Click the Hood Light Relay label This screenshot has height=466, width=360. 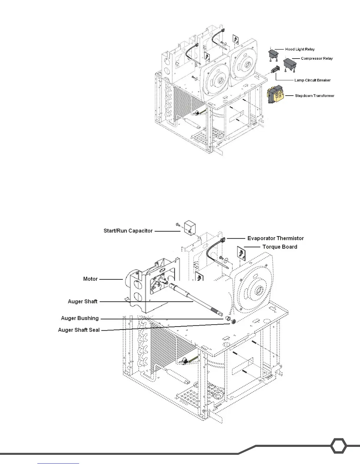pos(300,49)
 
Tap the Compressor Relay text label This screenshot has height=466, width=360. pos(317,59)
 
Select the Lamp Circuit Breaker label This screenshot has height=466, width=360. pos(312,80)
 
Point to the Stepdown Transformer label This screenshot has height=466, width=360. pos(314,96)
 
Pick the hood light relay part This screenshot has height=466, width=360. pos(274,54)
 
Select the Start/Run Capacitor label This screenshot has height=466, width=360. pos(128,231)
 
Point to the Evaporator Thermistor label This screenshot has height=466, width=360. pos(275,238)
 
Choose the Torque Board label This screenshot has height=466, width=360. pos(280,247)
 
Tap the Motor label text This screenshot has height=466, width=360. pos(90,279)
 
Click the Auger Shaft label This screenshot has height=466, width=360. pos(83,302)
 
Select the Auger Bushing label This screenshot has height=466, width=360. pos(80,318)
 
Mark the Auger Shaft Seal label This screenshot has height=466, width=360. pos(79,330)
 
